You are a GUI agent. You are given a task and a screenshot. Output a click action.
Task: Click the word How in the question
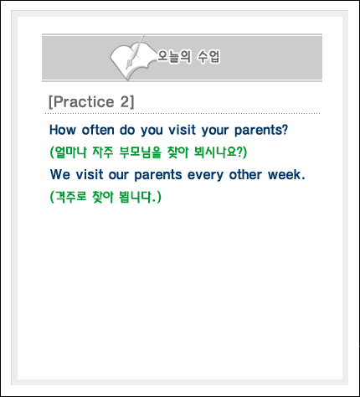tap(63, 130)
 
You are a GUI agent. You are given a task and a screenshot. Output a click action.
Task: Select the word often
tap(98, 130)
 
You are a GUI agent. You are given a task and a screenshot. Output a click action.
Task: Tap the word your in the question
tap(215, 131)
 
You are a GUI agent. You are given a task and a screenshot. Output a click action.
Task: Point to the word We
tap(60, 174)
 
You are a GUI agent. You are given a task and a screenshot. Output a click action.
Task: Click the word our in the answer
tap(119, 175)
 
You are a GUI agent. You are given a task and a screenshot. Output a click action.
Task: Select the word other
tap(245, 174)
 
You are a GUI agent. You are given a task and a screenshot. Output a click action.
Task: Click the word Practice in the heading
tap(84, 101)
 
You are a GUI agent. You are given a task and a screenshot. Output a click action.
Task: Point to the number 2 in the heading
tap(124, 101)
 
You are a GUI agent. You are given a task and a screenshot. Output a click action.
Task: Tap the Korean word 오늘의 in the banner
tap(174, 56)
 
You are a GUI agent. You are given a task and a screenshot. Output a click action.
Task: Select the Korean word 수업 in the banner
tap(209, 56)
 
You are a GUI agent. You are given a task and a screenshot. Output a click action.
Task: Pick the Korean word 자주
tap(103, 152)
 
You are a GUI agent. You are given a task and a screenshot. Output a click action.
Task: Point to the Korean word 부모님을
tap(141, 152)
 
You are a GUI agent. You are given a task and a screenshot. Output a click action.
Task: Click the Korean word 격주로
tap(71, 197)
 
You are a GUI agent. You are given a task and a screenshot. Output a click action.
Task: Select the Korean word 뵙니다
tap(136, 197)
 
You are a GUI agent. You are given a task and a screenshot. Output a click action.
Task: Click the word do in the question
tap(127, 130)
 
